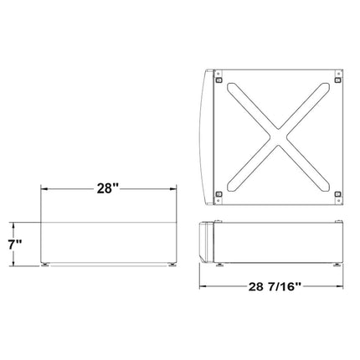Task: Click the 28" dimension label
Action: [108, 189]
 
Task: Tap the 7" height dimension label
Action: [15, 244]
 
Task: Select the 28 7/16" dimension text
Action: [275, 286]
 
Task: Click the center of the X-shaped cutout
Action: [278, 137]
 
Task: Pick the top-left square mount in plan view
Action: [219, 80]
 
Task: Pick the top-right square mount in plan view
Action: [337, 80]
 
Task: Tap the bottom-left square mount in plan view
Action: [219, 194]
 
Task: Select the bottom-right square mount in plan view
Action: [337, 194]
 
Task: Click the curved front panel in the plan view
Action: [207, 137]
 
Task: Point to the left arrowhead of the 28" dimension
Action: [44, 189]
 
